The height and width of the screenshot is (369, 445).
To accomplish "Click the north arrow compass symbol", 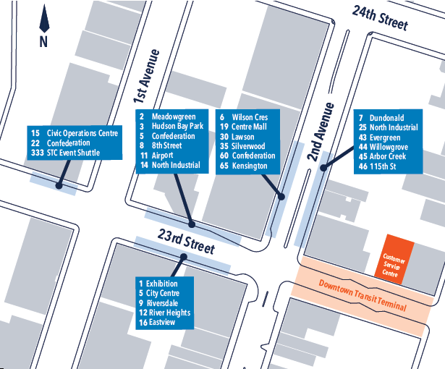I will tap(43, 21).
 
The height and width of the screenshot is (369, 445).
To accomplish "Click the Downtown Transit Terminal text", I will tap(363, 296).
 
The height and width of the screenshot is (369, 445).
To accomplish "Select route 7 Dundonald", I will tap(381, 118).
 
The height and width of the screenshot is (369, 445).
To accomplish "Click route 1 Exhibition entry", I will tap(157, 284).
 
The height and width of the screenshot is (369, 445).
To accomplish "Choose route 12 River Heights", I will tap(164, 313).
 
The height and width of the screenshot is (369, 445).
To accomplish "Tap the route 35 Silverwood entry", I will tap(243, 146).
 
